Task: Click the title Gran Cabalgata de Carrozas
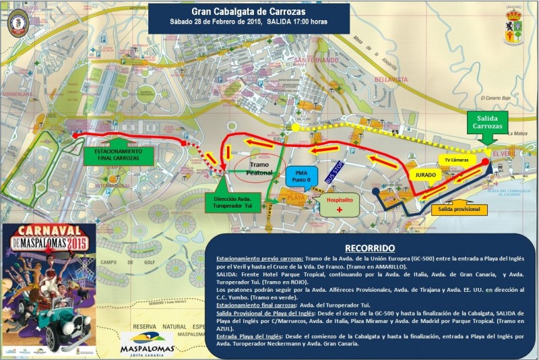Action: click(249, 11)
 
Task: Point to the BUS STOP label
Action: click(335, 173)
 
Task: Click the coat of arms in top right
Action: click(513, 26)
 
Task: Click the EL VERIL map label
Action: click(504, 154)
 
